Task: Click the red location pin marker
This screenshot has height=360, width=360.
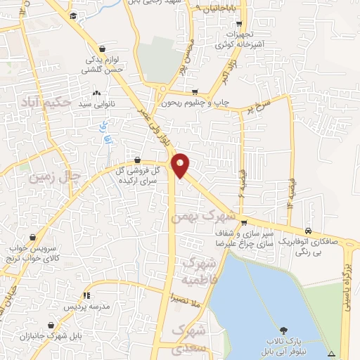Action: pos(181,165)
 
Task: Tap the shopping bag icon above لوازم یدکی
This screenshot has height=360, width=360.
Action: pos(103,49)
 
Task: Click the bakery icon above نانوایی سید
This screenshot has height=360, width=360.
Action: pos(96,93)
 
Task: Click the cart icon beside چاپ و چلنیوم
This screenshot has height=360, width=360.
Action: pos(195,91)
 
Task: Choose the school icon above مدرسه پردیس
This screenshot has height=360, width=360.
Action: pos(86,296)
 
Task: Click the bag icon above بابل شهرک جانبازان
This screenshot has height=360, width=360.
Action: pos(51,326)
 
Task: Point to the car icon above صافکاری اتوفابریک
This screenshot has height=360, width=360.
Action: pos(309,231)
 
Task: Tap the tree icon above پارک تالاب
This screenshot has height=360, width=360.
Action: pos(283,330)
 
